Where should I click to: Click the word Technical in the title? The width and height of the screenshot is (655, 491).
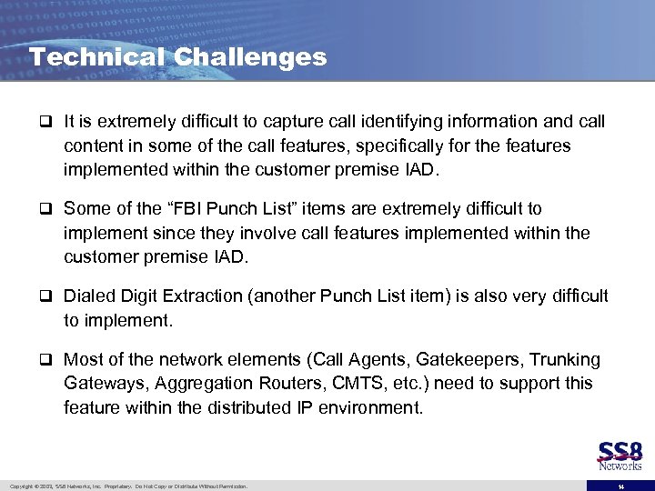(96, 57)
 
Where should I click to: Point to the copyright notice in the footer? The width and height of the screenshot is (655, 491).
(127, 486)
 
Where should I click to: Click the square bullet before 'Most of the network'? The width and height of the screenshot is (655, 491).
(46, 361)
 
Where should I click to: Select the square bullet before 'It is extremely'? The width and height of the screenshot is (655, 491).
(46, 123)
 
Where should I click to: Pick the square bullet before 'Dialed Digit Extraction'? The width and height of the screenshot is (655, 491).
(46, 297)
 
